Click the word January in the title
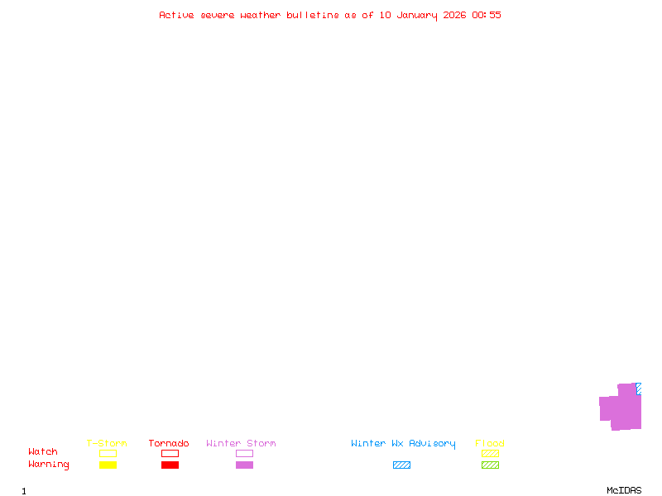417,16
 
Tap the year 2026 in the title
454,15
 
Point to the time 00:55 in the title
487,15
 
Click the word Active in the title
176,15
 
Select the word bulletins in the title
313,15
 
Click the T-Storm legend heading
107,443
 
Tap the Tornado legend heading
169,443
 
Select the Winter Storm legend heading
241,443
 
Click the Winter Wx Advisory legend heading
403,444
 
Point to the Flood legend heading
490,443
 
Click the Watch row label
43,451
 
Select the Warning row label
49,465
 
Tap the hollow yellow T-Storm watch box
108,453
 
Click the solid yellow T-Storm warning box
108,465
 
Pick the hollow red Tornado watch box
170,453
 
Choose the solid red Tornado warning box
170,465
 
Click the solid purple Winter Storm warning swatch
244,465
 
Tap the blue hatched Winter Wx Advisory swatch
401,465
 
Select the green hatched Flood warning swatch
490,465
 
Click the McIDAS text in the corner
624,490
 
